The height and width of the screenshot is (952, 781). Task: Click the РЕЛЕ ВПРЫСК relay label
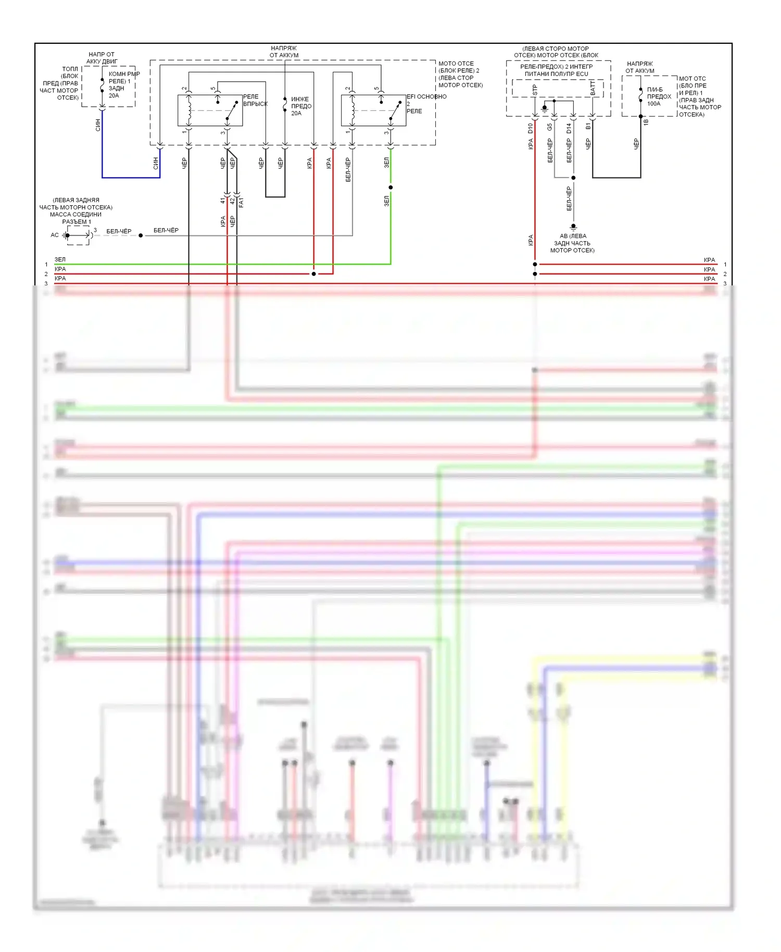(255, 101)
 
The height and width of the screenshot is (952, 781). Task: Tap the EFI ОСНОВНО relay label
(426, 97)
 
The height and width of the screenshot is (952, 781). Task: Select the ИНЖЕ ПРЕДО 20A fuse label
(301, 106)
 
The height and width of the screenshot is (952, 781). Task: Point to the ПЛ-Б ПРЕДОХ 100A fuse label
(659, 97)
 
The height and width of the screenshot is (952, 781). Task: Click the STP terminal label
(535, 90)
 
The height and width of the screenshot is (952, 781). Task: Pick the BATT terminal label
(593, 88)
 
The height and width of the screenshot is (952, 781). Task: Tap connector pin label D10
(531, 128)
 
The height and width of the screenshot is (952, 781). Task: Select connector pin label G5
(550, 127)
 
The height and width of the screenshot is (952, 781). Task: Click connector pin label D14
(569, 128)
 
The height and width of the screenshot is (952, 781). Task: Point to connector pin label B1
(588, 127)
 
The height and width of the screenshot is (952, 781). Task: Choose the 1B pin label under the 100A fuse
(646, 122)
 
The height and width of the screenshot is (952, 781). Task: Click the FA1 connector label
(241, 203)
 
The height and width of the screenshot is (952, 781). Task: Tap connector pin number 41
(222, 201)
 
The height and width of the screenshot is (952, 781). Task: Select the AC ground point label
(55, 235)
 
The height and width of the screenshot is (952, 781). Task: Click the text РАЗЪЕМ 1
(77, 222)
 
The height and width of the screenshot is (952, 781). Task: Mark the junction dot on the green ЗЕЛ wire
(391, 187)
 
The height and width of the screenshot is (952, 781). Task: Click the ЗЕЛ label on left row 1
(60, 259)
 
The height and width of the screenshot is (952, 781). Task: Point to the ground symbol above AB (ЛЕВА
(573, 227)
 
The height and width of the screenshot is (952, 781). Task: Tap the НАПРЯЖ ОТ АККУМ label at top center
(284, 52)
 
